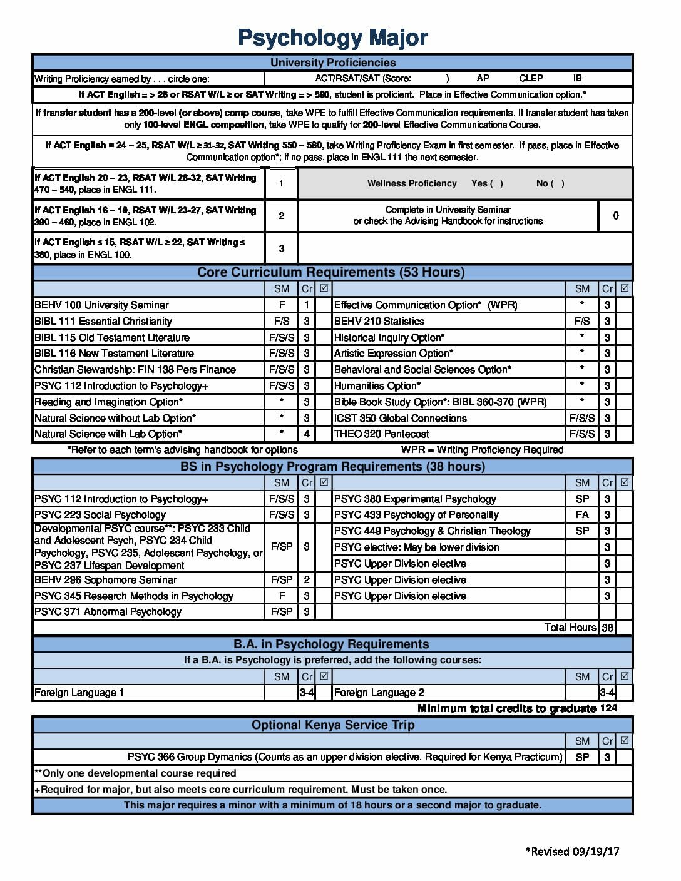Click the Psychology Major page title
(x=333, y=38)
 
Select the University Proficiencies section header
(x=333, y=63)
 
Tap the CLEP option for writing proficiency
(x=531, y=78)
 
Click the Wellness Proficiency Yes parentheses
(x=496, y=183)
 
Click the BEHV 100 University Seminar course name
(x=101, y=305)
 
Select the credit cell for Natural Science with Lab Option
(x=307, y=434)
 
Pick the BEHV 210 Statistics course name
(x=379, y=322)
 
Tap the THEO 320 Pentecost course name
(x=382, y=434)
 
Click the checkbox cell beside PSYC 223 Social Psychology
(x=324, y=515)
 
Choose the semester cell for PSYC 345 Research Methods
(x=282, y=596)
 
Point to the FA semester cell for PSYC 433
(x=582, y=515)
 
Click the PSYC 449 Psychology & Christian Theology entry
(x=433, y=531)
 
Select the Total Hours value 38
(x=607, y=628)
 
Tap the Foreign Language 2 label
(x=379, y=693)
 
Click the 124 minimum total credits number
(x=608, y=708)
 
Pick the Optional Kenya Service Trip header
(x=333, y=725)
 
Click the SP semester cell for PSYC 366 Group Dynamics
(x=582, y=757)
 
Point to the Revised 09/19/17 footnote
(x=572, y=852)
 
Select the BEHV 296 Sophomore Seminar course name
(x=106, y=580)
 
